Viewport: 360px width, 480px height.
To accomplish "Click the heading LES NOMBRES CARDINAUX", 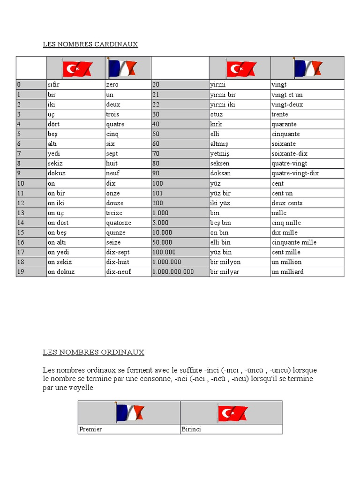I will (x=90, y=45).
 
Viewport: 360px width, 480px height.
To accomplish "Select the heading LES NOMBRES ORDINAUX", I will (x=93, y=352).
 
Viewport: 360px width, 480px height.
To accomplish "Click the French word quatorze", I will (x=119, y=223).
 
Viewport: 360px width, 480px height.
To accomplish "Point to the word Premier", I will (x=90, y=429).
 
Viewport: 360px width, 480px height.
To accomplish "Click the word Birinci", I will (x=191, y=429).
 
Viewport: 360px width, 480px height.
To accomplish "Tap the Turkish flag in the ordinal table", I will (x=232, y=413).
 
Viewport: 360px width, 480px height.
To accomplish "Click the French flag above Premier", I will (x=129, y=413).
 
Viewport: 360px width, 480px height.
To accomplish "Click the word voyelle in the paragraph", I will (x=82, y=388).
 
